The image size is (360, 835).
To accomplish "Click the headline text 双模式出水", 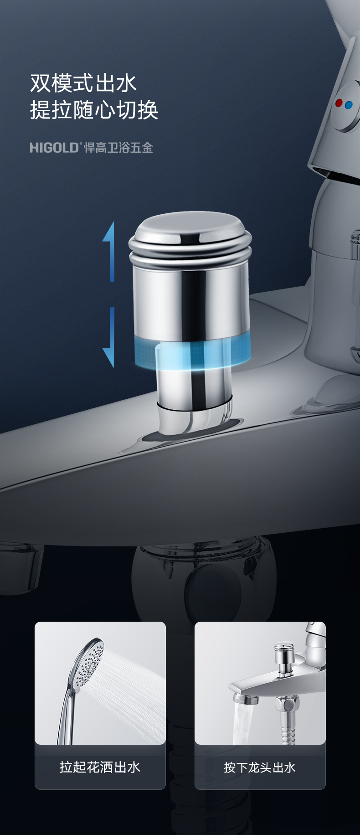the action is (83, 83).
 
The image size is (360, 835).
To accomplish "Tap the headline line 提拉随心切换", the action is (94, 110).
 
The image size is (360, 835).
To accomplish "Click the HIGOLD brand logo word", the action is (54, 147).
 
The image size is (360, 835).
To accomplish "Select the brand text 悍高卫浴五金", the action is (118, 147).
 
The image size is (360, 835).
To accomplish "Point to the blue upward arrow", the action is (109, 252).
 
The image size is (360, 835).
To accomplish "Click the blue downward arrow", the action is (109, 337).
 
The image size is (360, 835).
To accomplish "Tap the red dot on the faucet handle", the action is (339, 103).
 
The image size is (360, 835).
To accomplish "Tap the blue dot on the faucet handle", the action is (349, 105).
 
